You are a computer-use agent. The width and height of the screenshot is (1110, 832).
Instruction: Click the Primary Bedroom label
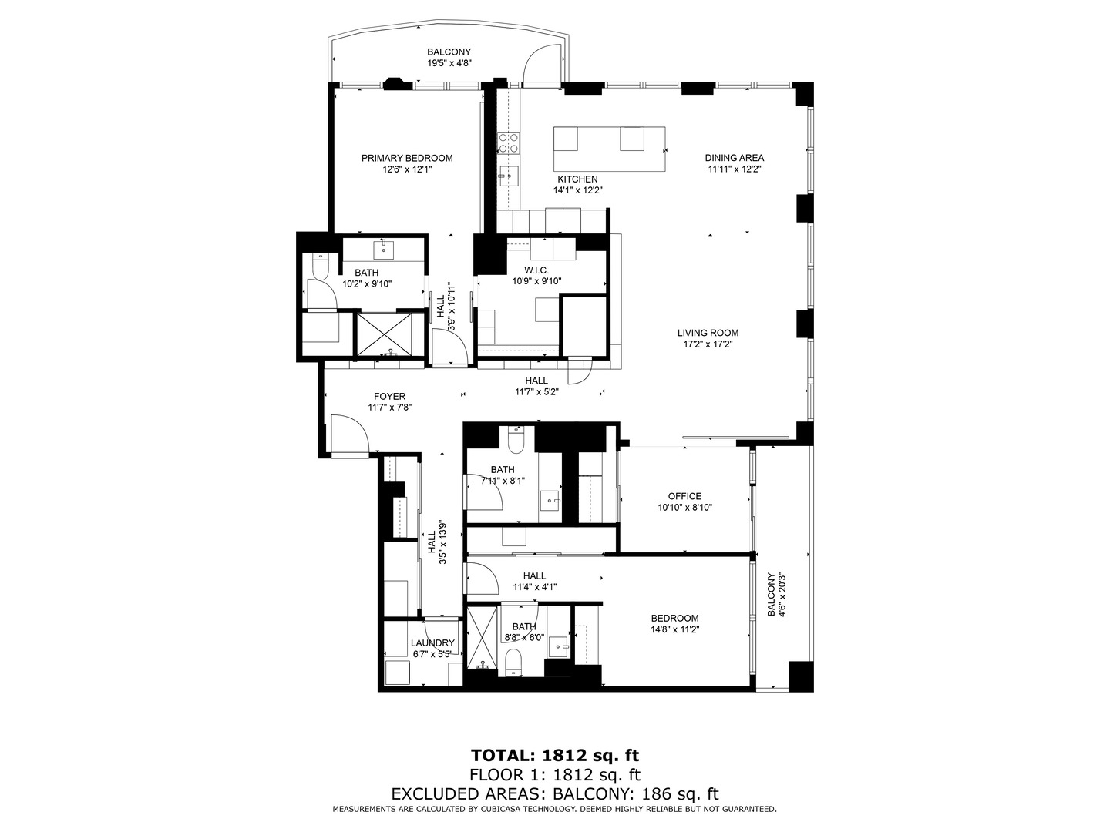click(x=407, y=158)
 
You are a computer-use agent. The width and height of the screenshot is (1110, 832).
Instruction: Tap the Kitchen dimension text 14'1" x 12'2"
click(x=577, y=190)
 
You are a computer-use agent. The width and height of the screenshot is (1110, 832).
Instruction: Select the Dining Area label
click(x=734, y=158)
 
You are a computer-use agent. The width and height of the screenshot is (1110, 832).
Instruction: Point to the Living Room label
click(x=708, y=334)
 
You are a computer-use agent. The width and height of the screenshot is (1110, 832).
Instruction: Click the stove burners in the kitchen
click(x=508, y=143)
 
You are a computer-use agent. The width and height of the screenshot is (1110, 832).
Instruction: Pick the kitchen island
click(x=609, y=149)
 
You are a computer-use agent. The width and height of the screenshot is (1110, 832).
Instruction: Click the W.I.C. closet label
click(x=536, y=270)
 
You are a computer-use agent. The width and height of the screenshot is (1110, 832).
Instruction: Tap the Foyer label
click(x=389, y=397)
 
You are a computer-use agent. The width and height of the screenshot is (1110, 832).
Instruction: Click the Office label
click(x=684, y=497)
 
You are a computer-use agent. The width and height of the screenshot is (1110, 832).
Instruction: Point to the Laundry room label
click(x=432, y=643)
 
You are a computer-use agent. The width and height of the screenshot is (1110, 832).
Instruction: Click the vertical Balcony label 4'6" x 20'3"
click(x=775, y=595)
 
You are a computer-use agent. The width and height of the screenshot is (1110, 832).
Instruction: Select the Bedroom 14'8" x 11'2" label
click(x=674, y=618)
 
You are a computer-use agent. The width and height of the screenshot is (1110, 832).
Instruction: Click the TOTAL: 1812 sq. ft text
click(x=554, y=755)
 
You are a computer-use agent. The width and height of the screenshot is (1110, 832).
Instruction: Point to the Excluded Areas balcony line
click(x=554, y=793)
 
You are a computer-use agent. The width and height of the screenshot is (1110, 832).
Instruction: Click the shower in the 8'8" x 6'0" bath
click(x=483, y=636)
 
